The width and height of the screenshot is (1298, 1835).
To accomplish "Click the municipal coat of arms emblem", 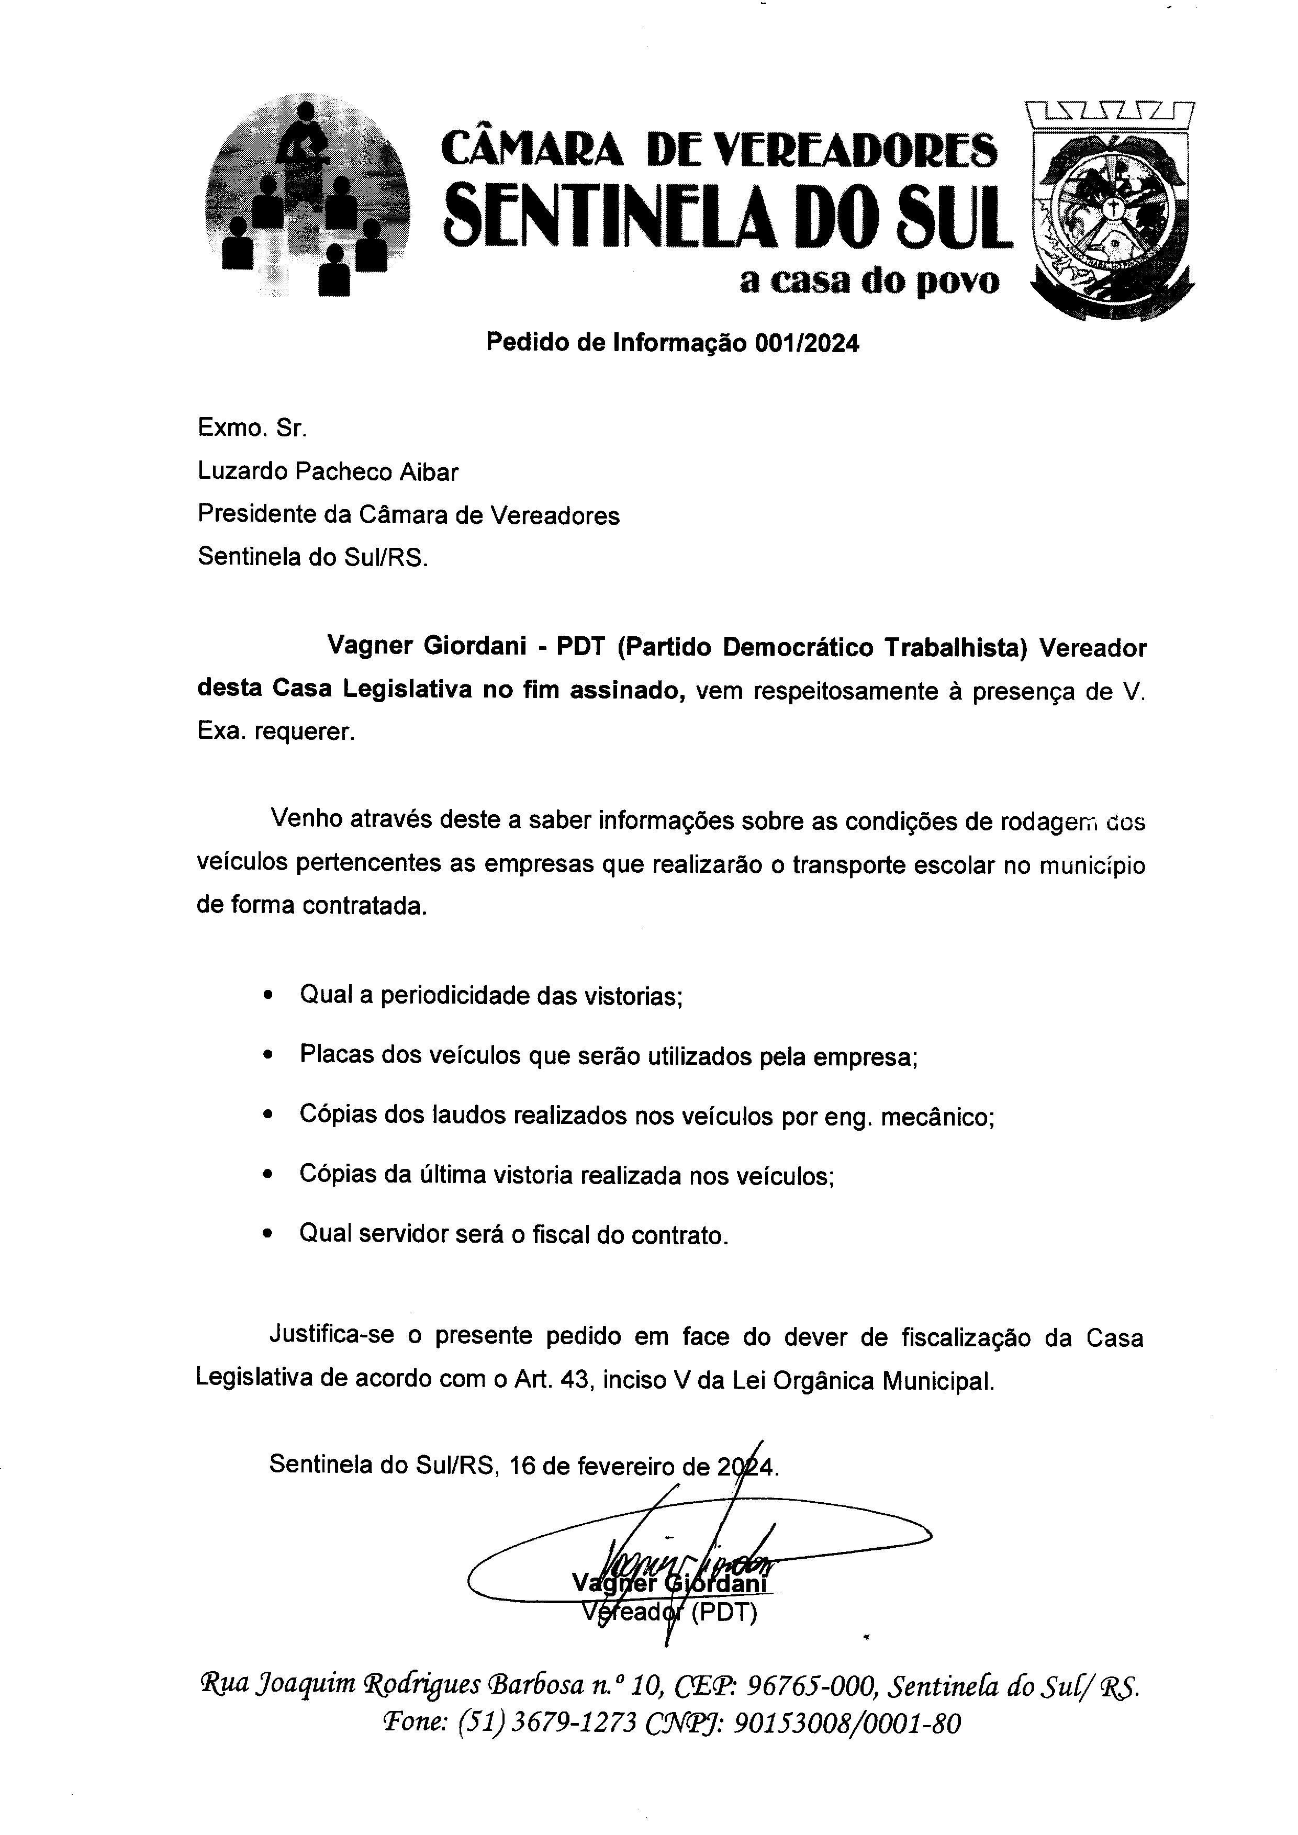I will click(1112, 212).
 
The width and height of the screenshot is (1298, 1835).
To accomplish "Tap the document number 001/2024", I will click(807, 344).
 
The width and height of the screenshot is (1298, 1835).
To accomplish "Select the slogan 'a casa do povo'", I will click(869, 282).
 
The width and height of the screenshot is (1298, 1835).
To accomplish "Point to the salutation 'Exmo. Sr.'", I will click(252, 429).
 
